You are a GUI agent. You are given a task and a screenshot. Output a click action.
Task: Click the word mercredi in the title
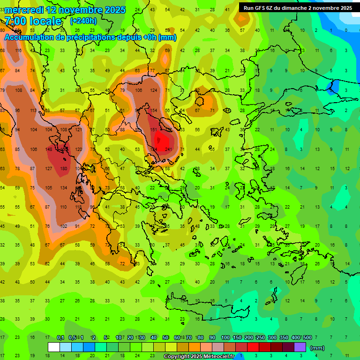[22, 10]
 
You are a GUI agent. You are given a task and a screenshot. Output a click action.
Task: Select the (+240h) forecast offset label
[83, 21]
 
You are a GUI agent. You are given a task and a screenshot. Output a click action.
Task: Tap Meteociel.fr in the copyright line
[222, 357]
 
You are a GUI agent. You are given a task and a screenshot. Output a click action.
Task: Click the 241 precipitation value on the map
[169, 150]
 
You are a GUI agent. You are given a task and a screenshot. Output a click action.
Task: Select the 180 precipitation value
[64, 169]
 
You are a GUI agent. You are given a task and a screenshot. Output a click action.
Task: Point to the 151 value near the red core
[153, 130]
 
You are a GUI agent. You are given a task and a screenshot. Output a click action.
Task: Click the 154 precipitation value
[153, 111]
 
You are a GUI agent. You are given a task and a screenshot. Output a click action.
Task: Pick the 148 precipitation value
[49, 150]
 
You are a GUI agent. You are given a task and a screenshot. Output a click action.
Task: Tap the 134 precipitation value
[64, 188]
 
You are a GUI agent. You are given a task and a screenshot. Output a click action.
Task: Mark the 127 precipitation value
[49, 169]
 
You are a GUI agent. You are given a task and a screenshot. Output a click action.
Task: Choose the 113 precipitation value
[34, 111]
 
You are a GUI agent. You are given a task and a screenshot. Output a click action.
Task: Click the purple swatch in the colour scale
[300, 347]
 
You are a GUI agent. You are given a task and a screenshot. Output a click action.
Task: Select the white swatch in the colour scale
[54, 347]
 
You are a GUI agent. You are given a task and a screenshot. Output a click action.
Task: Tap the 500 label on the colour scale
[307, 337]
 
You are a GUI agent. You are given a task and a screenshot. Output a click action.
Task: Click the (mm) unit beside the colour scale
[317, 348]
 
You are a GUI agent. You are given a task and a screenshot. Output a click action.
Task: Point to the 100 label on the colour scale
[225, 337]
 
